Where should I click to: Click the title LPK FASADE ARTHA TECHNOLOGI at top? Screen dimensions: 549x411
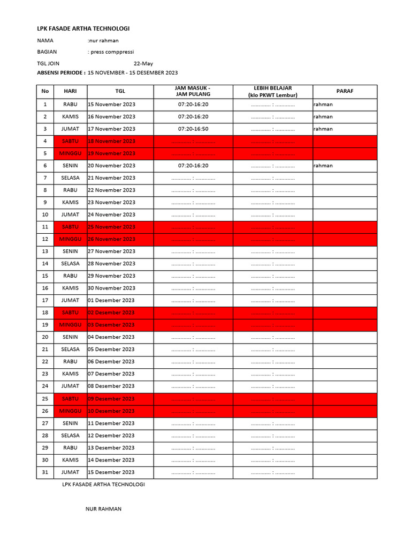83,28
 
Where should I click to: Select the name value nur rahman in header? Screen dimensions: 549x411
103,41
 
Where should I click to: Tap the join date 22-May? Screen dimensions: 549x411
143,63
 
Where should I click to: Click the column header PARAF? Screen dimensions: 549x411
345,91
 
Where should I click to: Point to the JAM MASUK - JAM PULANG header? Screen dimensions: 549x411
193,91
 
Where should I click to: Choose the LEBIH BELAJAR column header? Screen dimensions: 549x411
272,91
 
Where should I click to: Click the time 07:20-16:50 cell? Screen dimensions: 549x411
193,129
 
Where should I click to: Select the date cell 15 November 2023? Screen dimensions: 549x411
111,105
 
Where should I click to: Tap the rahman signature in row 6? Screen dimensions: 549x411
323,166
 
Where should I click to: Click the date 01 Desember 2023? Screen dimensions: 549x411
111,300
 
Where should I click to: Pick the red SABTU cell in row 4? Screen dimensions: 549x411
70,141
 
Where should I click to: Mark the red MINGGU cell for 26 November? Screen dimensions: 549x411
70,239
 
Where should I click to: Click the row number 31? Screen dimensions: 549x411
45,472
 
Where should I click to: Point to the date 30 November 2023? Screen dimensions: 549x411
111,288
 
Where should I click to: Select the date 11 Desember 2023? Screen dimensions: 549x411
111,423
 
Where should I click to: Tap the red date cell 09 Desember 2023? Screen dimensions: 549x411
111,399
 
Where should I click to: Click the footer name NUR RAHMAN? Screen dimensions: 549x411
103,509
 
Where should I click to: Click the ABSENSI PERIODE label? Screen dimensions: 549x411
60,72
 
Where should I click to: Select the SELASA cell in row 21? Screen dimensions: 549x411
70,349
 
